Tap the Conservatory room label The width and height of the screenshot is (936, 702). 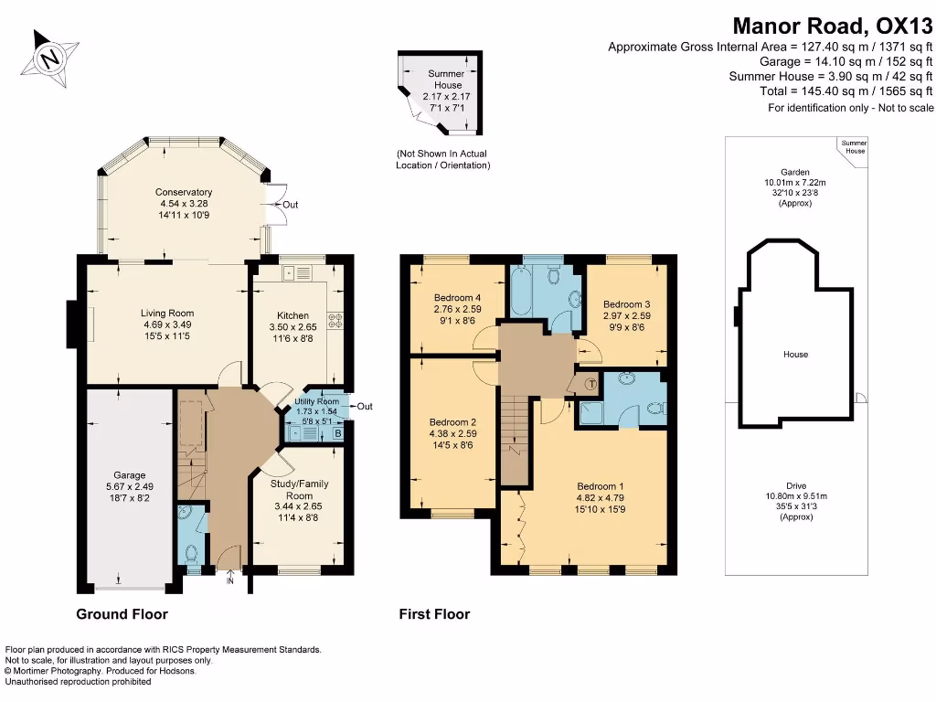[183, 192]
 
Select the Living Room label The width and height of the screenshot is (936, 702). [167, 313]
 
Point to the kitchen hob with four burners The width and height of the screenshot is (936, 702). [335, 320]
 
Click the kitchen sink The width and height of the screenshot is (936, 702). [298, 271]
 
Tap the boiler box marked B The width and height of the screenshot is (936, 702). [338, 433]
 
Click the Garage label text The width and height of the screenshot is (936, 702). [130, 475]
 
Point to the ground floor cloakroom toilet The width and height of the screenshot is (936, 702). [191, 553]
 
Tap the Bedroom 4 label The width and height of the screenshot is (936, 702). [457, 298]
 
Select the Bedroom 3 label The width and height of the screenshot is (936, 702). [626, 304]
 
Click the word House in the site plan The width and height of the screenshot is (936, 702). [795, 354]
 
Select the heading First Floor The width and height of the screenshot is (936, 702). [434, 614]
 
